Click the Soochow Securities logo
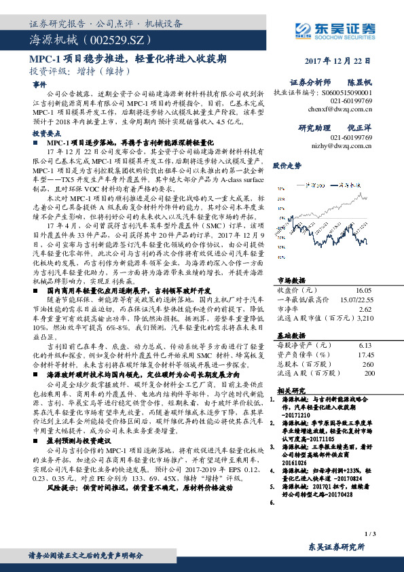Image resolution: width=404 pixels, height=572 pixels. coord(337,29)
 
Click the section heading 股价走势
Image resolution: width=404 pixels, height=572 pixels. coord(287,165)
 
